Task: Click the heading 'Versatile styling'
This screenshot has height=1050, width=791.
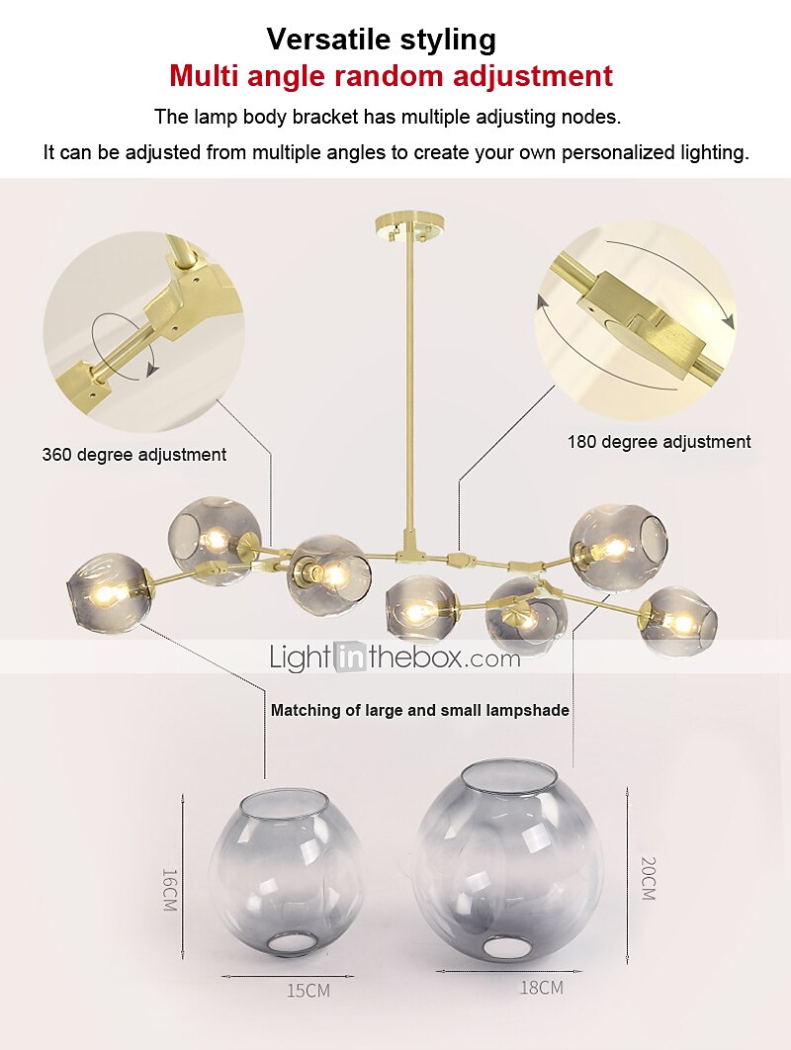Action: [x=381, y=40]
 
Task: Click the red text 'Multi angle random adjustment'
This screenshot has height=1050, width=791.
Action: [x=391, y=75]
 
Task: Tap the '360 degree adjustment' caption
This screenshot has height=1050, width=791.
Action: [x=134, y=455]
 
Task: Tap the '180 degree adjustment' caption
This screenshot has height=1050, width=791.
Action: [x=659, y=442]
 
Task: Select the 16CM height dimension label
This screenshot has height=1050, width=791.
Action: [x=169, y=890]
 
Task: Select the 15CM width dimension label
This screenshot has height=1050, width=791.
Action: [x=308, y=990]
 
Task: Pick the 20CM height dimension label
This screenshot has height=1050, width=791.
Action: [x=648, y=877]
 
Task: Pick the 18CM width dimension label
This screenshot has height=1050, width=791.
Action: [x=541, y=987]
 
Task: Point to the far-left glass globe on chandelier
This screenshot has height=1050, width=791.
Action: [x=109, y=592]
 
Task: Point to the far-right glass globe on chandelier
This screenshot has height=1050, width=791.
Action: [x=677, y=622]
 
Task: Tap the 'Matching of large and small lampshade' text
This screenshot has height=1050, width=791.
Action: [x=419, y=710]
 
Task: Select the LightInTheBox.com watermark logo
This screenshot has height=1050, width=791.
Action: [x=395, y=656]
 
